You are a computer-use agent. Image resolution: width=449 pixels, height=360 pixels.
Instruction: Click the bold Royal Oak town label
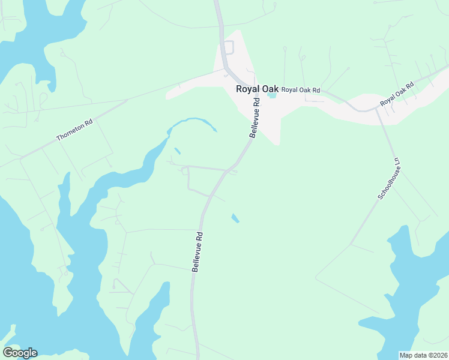click(257, 89)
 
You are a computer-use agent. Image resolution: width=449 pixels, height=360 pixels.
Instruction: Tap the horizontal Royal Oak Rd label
click(301, 90)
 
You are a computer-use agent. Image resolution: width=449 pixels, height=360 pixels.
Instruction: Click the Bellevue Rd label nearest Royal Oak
click(255, 119)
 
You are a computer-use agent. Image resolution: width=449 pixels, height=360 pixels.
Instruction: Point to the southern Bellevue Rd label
click(197, 253)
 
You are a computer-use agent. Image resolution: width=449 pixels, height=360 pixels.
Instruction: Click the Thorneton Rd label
click(74, 130)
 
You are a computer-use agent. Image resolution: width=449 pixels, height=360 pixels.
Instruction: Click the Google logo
click(20, 353)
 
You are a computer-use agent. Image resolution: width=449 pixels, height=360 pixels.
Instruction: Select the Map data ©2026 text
click(424, 355)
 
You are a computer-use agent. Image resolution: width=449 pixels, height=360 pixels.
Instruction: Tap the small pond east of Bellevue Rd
click(235, 218)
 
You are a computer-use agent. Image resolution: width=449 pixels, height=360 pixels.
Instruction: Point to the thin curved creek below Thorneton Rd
click(192, 122)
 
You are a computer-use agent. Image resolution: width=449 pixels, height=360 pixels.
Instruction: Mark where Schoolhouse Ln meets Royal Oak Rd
click(376, 109)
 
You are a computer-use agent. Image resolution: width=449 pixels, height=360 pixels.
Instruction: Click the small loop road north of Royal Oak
click(228, 47)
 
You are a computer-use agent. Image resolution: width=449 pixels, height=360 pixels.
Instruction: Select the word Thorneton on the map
click(71, 131)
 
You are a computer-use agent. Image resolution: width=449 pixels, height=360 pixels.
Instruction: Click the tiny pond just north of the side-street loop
click(177, 151)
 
